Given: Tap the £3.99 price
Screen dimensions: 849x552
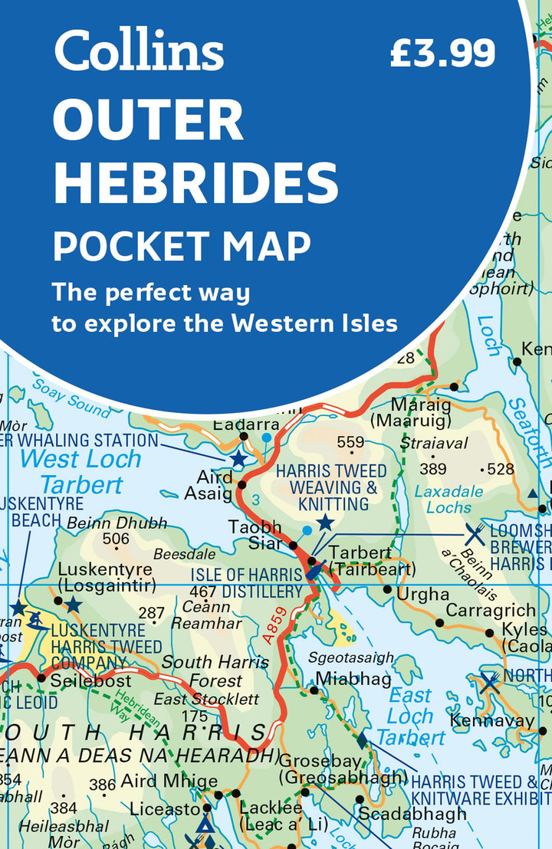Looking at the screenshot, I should [442, 53].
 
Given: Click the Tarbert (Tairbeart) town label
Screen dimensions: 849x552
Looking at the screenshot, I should [371, 561].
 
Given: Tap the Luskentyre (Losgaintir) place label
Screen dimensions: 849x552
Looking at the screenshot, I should [107, 578].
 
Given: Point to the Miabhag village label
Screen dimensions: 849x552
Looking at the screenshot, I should [353, 678].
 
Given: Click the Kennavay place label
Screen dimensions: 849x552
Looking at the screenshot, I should [491, 720].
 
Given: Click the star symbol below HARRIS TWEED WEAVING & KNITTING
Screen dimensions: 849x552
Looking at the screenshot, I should [326, 523].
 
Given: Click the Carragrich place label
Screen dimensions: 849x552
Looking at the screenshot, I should [491, 610].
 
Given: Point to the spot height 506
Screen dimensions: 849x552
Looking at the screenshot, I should [116, 539].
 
